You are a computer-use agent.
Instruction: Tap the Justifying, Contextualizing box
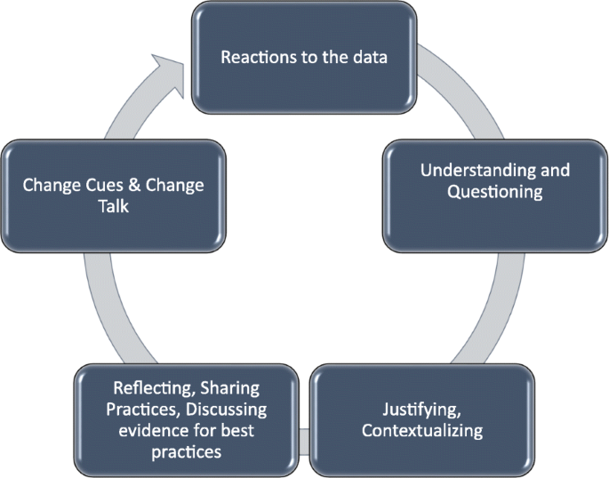coord(423,419)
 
